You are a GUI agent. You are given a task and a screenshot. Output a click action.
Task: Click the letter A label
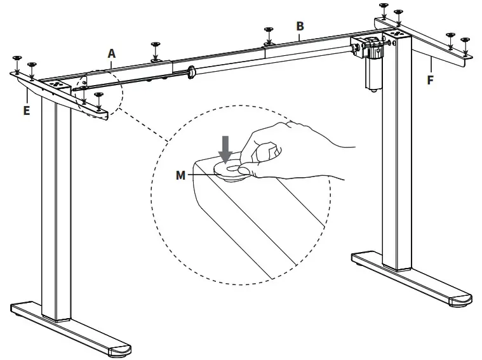tap(111, 54)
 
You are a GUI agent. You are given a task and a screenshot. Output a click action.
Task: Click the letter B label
tap(300, 26)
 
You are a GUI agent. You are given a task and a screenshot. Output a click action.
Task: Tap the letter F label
tap(431, 81)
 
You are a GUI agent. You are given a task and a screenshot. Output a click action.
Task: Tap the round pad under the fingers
tap(232, 169)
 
